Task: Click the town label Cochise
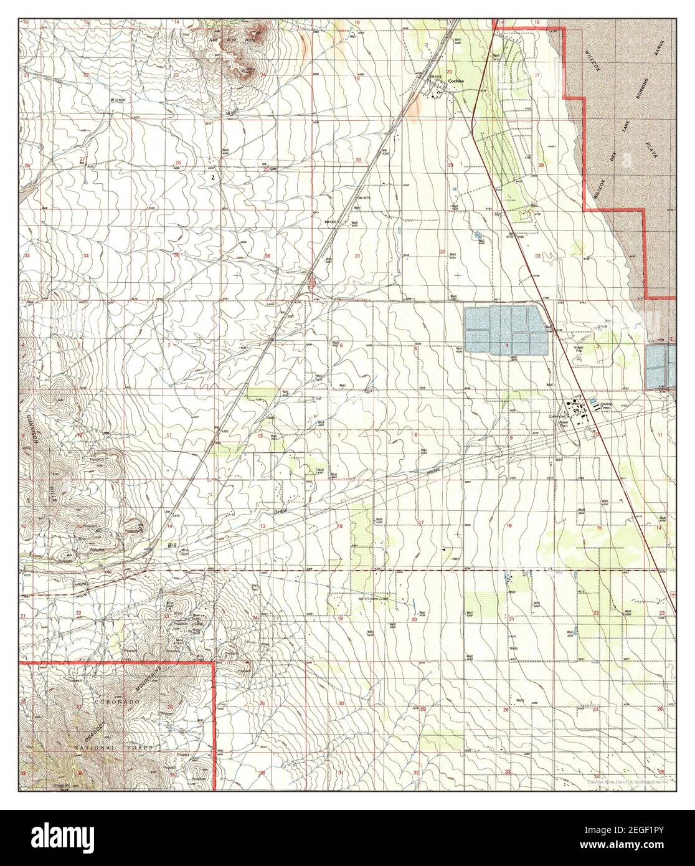click(454, 88)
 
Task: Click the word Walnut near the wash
click(118, 99)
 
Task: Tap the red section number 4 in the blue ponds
click(507, 346)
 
